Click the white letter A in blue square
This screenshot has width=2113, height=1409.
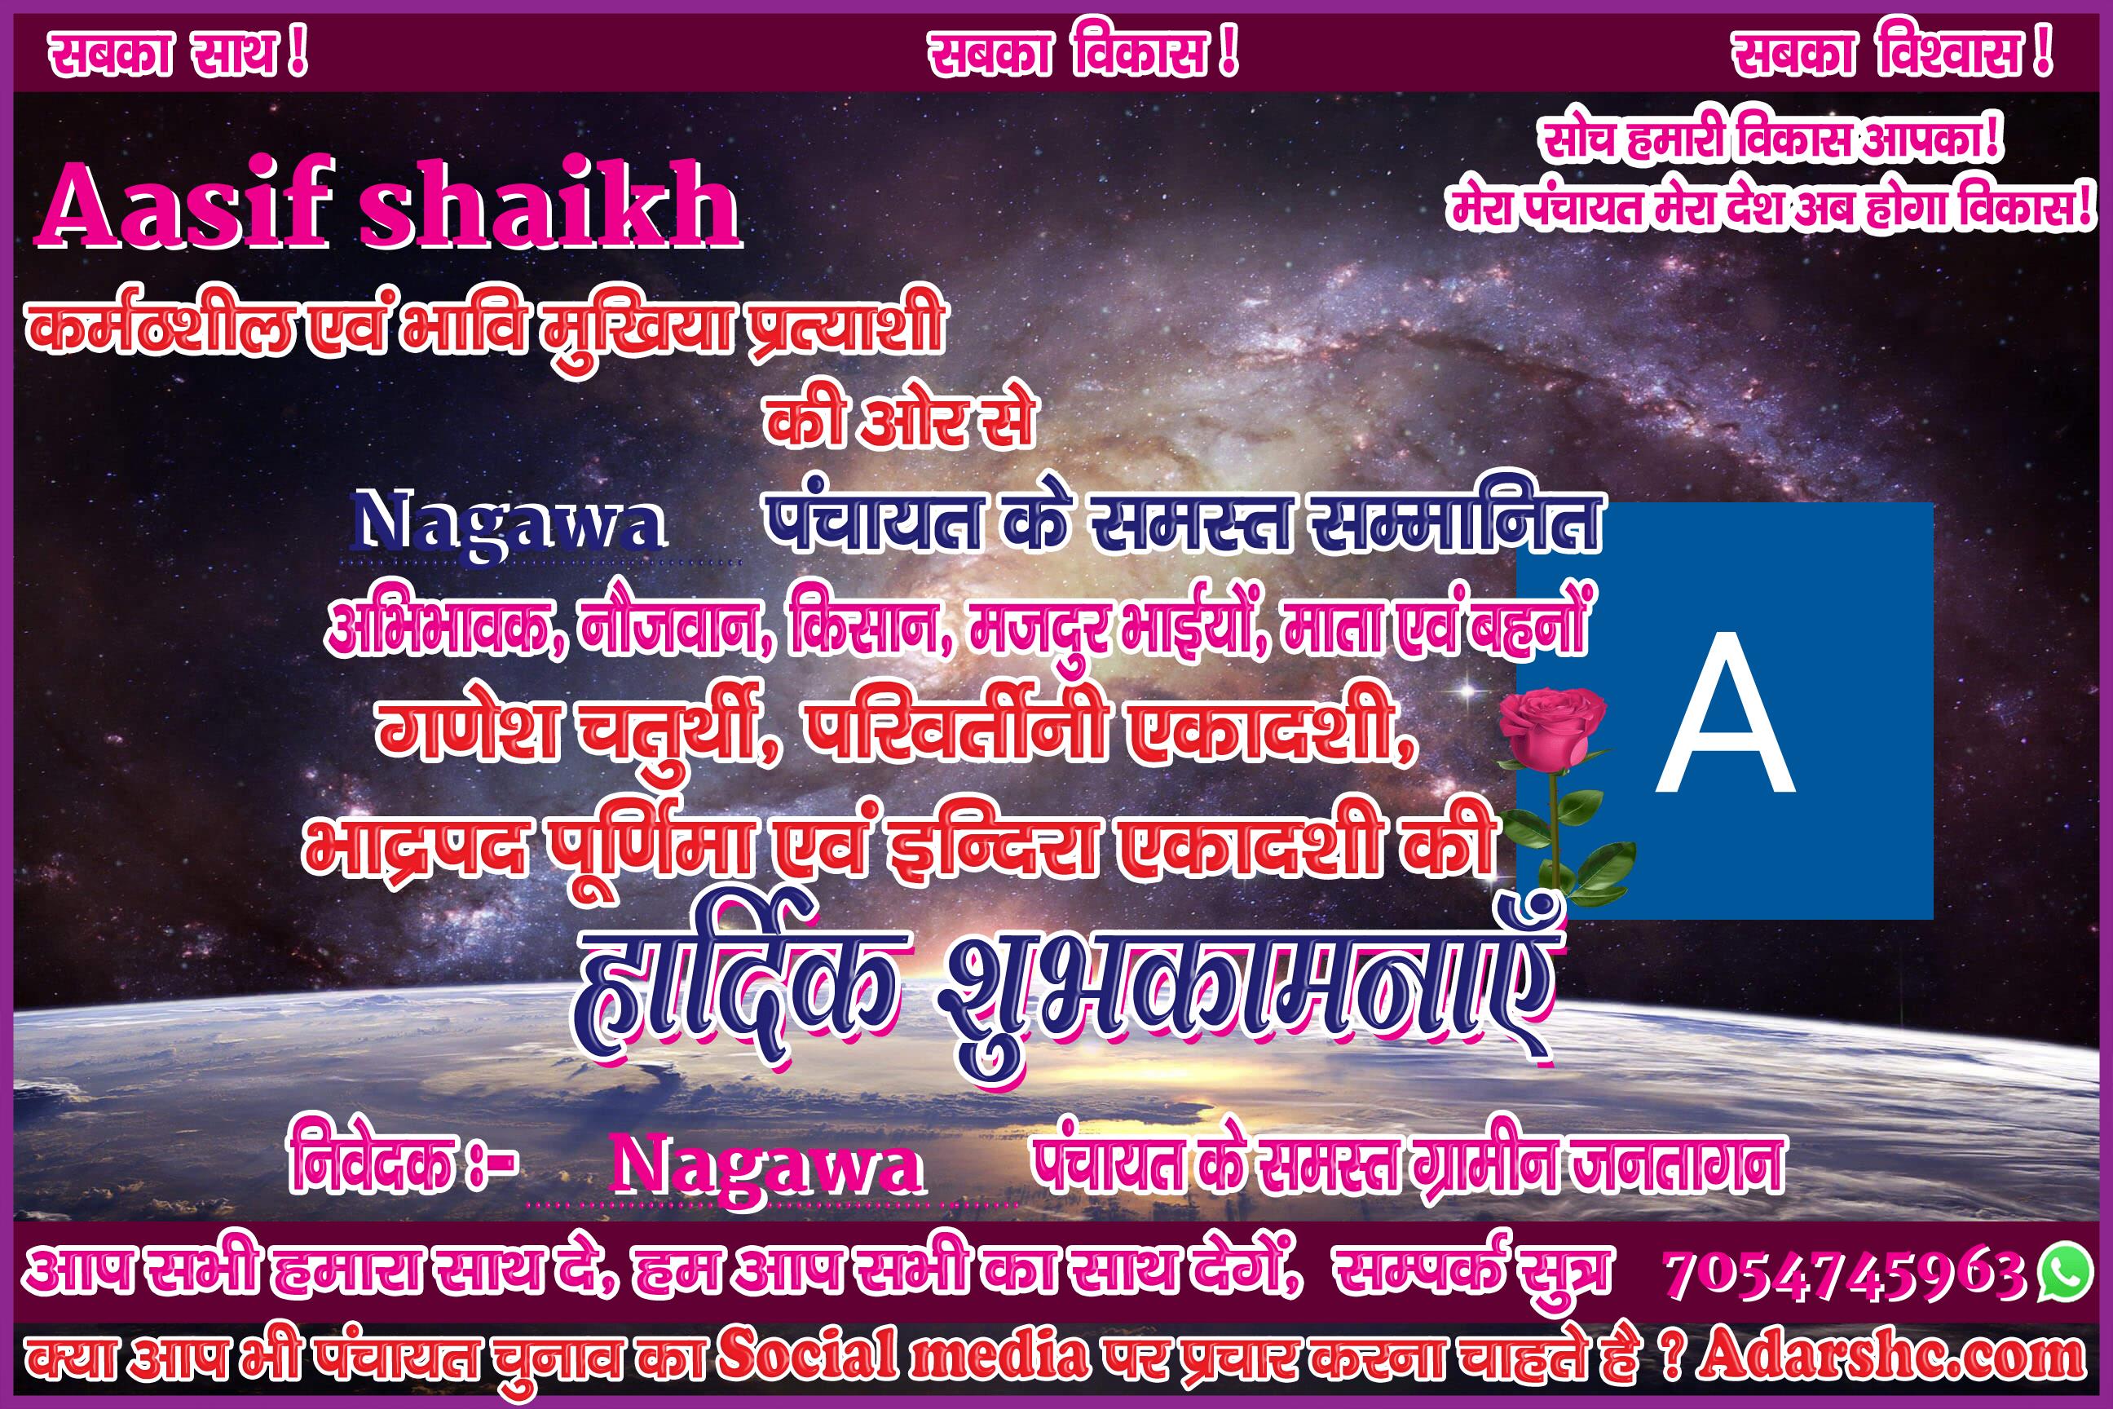[x=1725, y=712]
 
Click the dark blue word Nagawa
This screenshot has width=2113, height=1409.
[x=509, y=525]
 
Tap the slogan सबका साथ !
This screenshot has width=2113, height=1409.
[x=178, y=55]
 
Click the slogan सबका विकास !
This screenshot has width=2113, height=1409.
[x=1083, y=55]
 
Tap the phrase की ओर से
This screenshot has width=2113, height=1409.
[x=899, y=420]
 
